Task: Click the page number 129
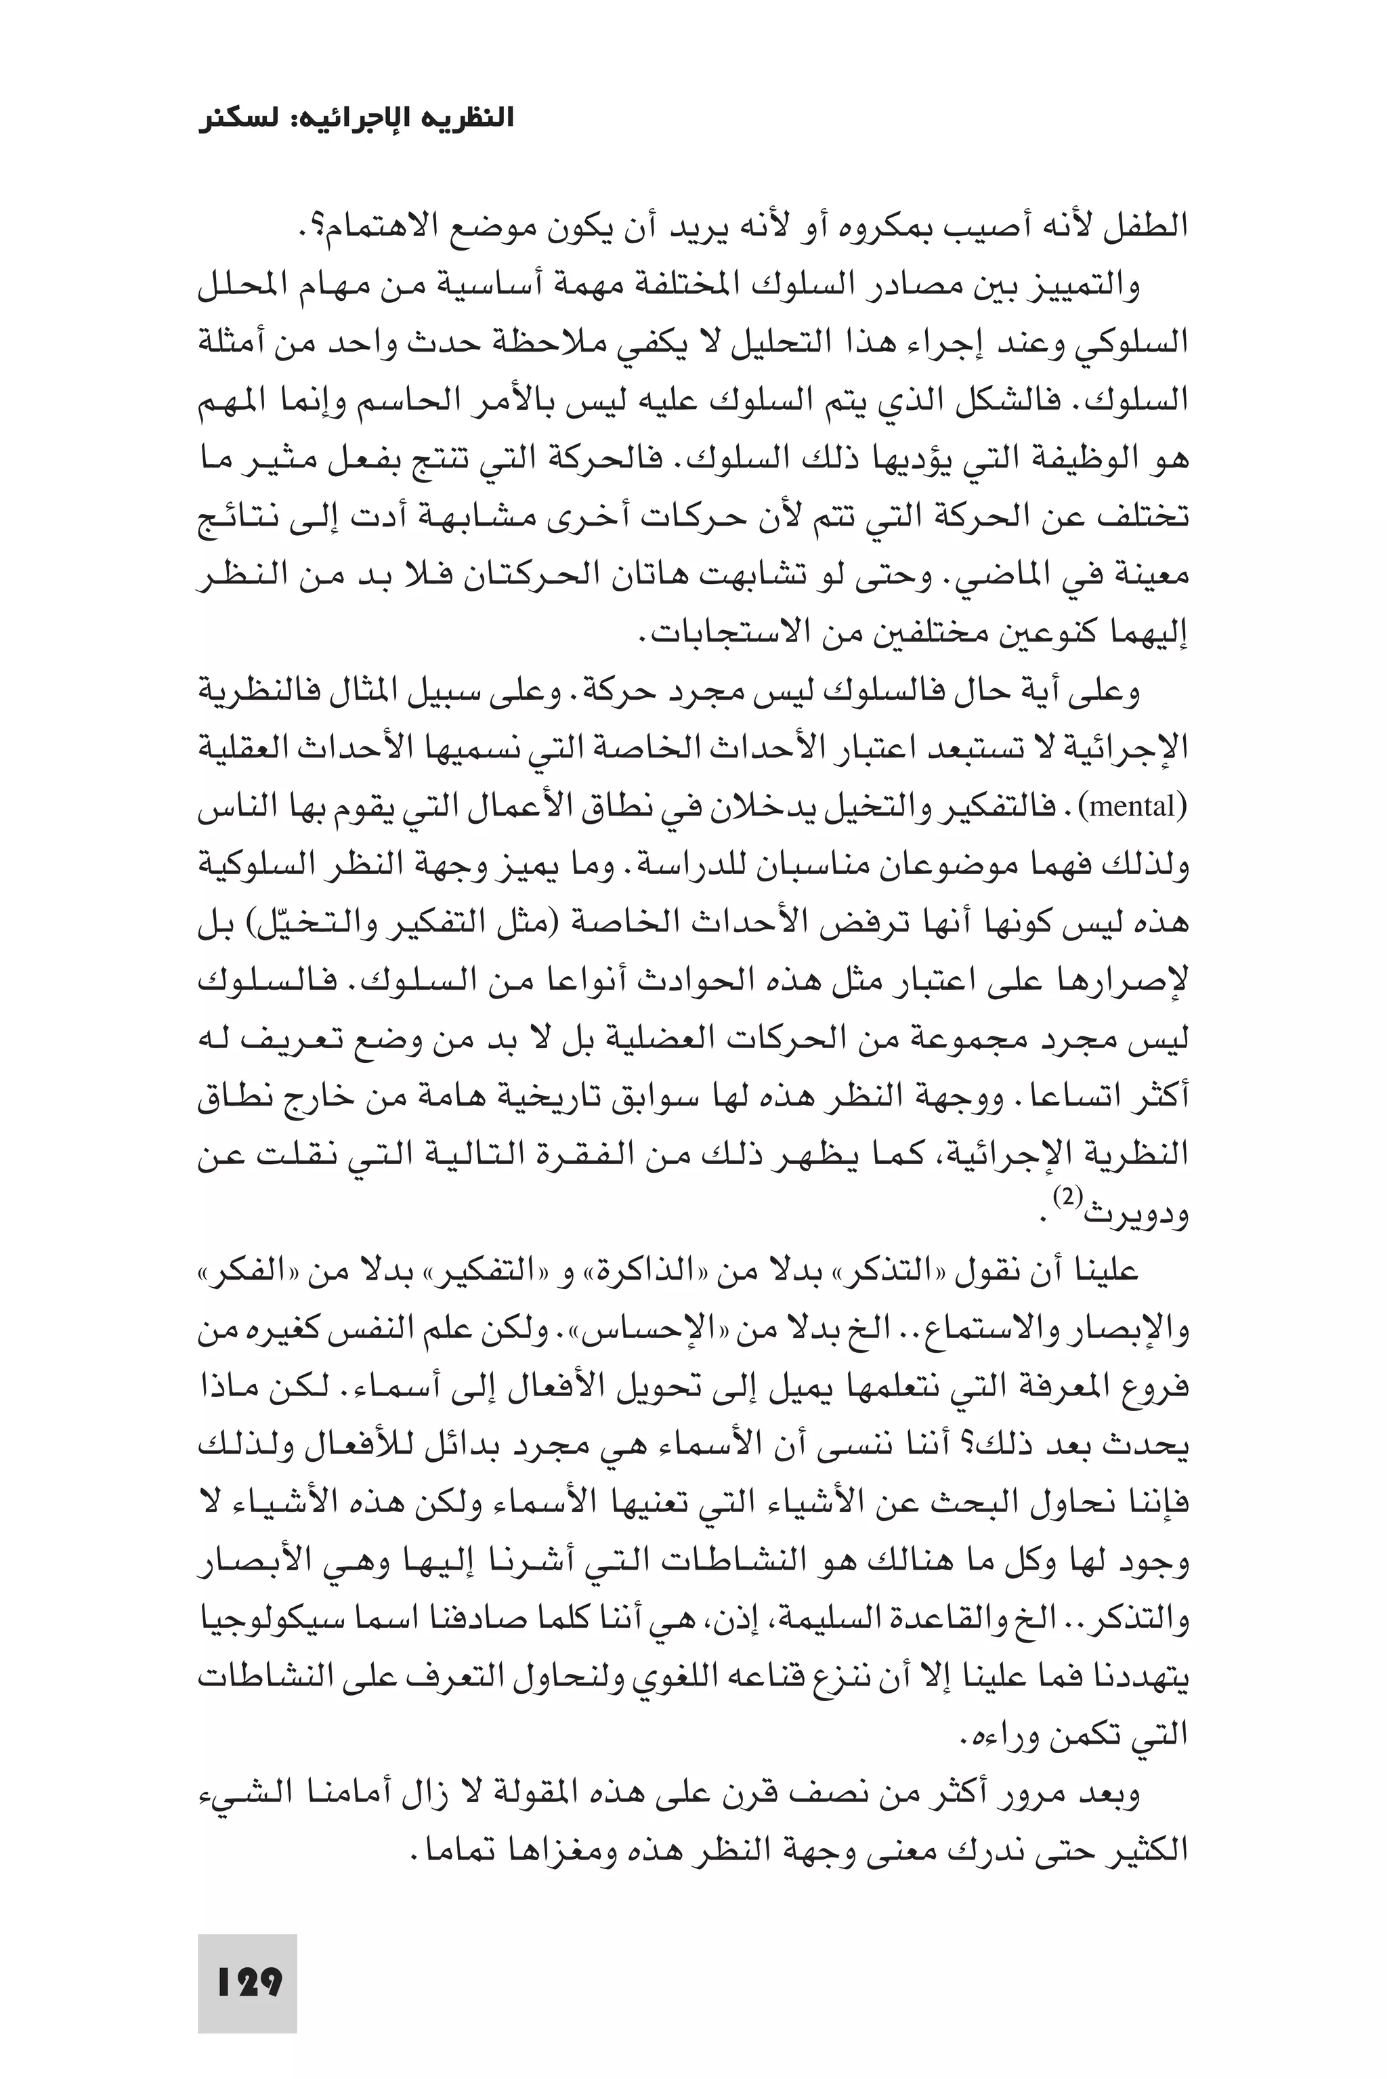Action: pos(249,1981)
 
